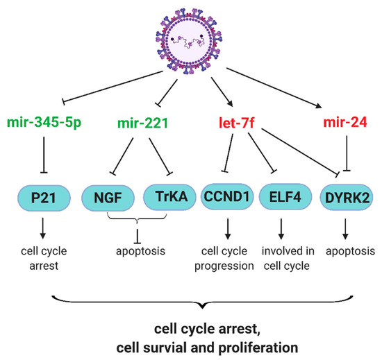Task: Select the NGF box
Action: tap(108, 198)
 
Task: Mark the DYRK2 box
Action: tap(342, 198)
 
